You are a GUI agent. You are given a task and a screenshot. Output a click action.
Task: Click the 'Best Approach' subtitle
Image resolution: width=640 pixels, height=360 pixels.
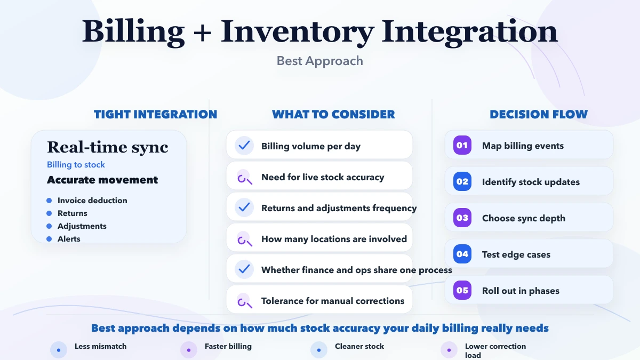[319, 61]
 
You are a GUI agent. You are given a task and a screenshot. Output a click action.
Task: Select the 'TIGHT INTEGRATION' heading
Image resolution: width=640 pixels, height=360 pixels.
[155, 114]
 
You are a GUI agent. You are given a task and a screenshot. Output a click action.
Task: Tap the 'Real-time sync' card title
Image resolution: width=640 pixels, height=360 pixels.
[108, 147]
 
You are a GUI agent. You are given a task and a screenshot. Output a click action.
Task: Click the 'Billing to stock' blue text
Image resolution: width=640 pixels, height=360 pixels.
[76, 165]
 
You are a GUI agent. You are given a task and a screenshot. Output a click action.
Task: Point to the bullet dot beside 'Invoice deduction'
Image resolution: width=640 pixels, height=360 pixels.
[49, 201]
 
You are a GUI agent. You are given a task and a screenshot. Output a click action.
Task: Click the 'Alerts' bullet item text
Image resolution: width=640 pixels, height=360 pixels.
[69, 239]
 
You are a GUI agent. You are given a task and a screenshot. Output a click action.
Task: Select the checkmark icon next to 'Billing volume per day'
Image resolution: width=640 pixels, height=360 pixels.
[244, 146]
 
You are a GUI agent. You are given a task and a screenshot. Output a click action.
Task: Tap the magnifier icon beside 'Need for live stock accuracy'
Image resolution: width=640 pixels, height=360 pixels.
[244, 177]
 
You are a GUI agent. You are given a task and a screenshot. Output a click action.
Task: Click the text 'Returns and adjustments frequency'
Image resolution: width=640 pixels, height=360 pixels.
[339, 208]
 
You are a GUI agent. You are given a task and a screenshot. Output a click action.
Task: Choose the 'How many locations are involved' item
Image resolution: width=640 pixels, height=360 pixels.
[334, 239]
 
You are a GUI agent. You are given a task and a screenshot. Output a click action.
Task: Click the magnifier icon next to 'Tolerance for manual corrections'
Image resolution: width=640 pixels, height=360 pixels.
[244, 301]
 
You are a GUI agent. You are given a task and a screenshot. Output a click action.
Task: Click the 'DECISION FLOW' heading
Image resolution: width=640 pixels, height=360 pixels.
[539, 114]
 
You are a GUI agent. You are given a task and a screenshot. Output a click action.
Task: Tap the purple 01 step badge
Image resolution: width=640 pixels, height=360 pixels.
[462, 146]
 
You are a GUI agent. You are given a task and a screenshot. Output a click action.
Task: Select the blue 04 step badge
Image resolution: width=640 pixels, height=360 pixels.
[462, 254]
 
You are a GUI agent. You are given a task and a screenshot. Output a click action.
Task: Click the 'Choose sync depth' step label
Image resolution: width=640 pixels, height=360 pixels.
[523, 218]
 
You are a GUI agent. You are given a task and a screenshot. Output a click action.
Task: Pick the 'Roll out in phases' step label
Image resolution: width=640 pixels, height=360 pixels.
[521, 291]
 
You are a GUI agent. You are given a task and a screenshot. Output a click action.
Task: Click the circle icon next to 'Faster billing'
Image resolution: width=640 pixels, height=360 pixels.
[189, 350]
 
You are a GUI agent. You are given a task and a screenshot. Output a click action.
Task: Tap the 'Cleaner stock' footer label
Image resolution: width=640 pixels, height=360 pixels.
[359, 346]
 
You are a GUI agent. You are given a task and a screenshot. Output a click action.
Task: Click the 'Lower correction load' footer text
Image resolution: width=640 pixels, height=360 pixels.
[495, 350]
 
